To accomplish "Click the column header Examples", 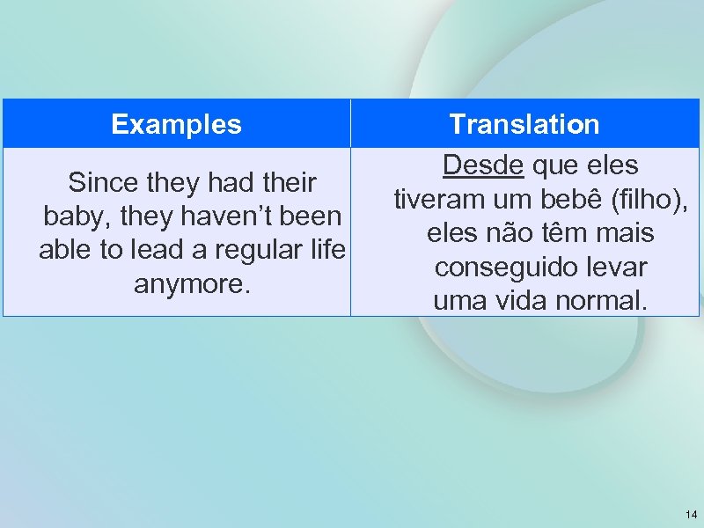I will (x=176, y=124).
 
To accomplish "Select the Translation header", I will (x=524, y=124).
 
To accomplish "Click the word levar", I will (x=612, y=267).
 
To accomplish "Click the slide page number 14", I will (x=689, y=514).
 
